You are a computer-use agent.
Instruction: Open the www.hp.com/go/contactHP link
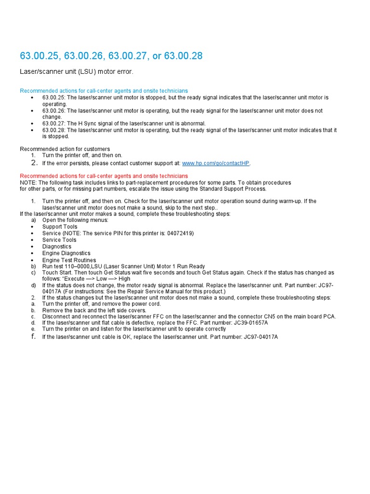(x=216, y=163)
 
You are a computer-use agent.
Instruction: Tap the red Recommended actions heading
(x=104, y=176)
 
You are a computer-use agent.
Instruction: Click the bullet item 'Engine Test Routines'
(x=69, y=260)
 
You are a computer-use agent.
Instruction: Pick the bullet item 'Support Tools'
(x=59, y=227)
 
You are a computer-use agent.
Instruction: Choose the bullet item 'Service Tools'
(x=59, y=240)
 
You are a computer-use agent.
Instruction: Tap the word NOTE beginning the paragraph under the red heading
(x=27, y=183)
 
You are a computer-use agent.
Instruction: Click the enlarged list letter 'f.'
(x=33, y=336)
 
